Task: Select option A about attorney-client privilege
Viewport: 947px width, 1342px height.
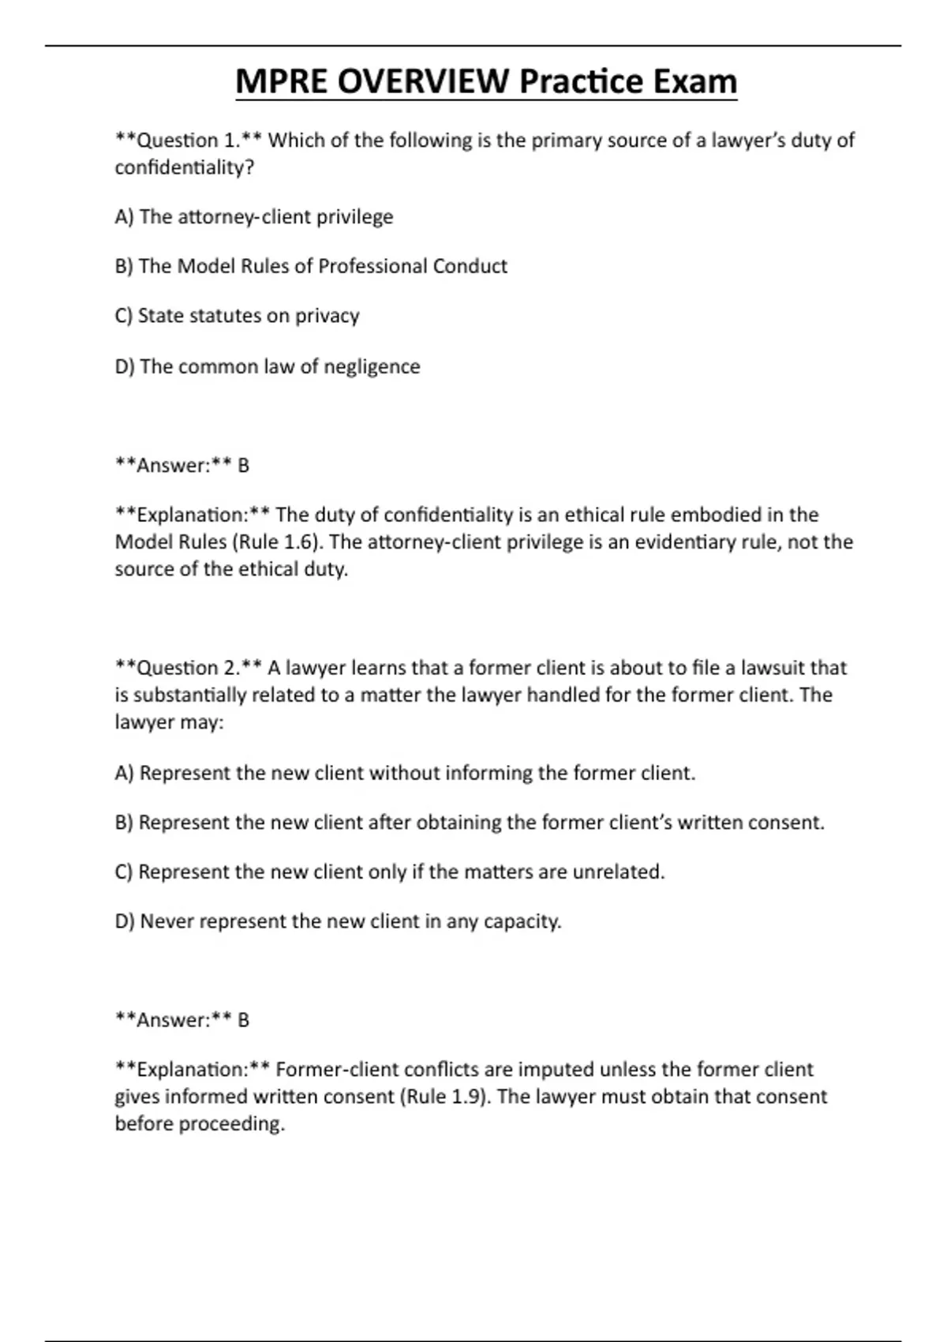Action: point(253,217)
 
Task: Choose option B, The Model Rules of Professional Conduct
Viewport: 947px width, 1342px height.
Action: point(311,266)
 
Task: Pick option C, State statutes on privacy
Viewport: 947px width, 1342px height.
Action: point(237,316)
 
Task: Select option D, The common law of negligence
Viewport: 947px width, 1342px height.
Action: point(268,366)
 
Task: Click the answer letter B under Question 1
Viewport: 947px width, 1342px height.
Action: point(243,466)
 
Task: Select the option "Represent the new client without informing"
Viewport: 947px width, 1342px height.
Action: point(405,773)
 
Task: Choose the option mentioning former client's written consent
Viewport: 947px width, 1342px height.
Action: point(470,823)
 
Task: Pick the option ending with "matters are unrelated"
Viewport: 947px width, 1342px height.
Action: point(390,872)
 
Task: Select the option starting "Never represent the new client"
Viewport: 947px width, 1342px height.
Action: point(338,921)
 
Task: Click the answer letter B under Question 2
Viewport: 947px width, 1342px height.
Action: point(243,1020)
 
